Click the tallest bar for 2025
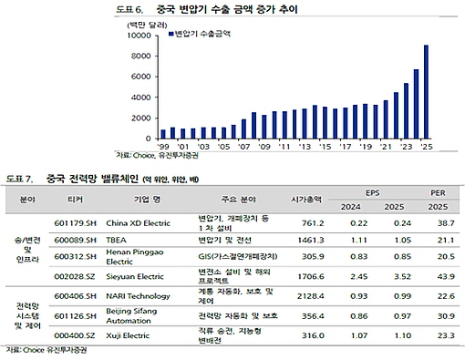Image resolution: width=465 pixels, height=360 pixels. (426, 91)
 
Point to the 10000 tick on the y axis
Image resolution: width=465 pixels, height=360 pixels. (136, 36)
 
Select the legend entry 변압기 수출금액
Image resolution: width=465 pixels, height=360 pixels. (204, 36)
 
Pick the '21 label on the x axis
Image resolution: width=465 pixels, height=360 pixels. (385, 146)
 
